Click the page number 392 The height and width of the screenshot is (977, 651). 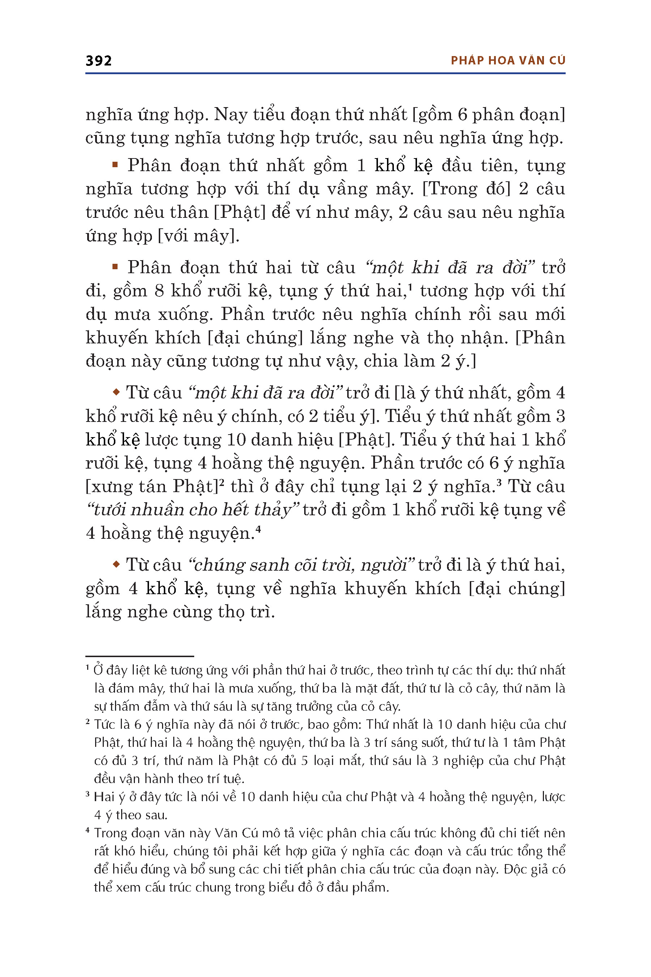(x=98, y=61)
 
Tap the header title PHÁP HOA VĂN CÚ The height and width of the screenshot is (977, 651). (x=508, y=61)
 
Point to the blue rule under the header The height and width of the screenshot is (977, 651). (x=325, y=73)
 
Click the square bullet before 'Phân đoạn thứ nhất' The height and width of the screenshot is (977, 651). (x=115, y=165)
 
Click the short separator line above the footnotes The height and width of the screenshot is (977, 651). (x=140, y=656)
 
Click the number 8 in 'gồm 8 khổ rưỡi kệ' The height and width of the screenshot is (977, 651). (x=159, y=291)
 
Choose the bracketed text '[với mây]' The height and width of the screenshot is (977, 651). (x=199, y=236)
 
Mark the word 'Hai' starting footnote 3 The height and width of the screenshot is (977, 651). (x=104, y=797)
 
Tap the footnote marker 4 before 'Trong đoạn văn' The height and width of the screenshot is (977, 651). (x=88, y=830)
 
